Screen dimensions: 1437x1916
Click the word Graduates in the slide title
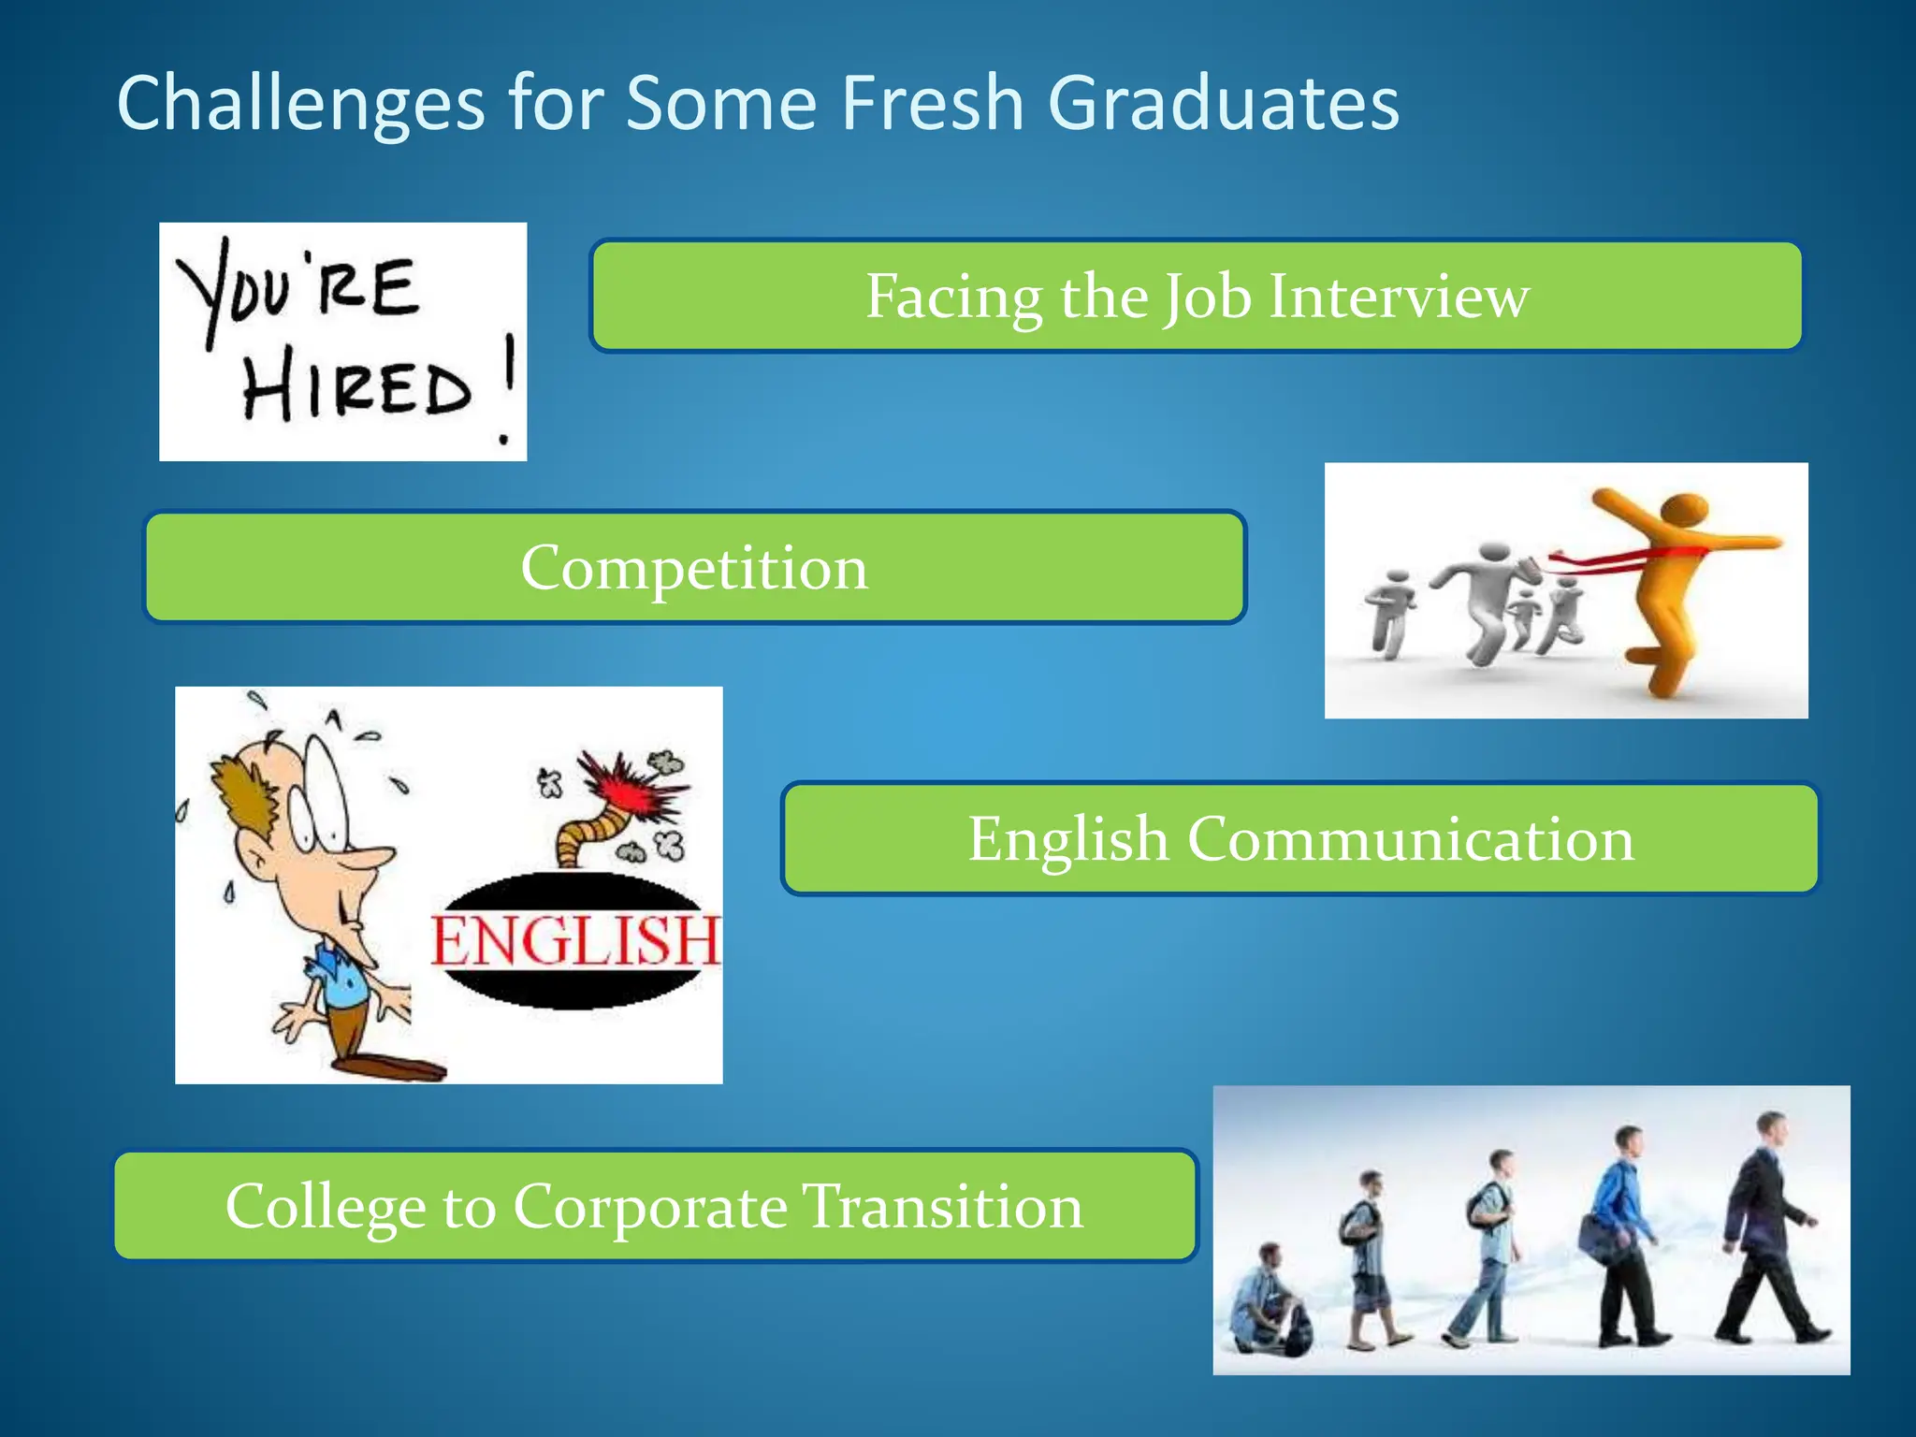pos(1223,103)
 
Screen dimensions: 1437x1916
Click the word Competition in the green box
pos(694,568)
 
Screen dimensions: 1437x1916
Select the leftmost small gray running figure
pos(1388,613)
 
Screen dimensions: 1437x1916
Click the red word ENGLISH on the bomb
pos(574,941)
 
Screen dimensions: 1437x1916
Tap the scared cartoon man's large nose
pos(370,856)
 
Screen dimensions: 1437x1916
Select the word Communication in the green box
pos(1411,839)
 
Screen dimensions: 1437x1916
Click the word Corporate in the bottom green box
pos(650,1207)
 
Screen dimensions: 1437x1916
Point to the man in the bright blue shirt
pos(1623,1235)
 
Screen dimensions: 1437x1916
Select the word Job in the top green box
pos(1206,297)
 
